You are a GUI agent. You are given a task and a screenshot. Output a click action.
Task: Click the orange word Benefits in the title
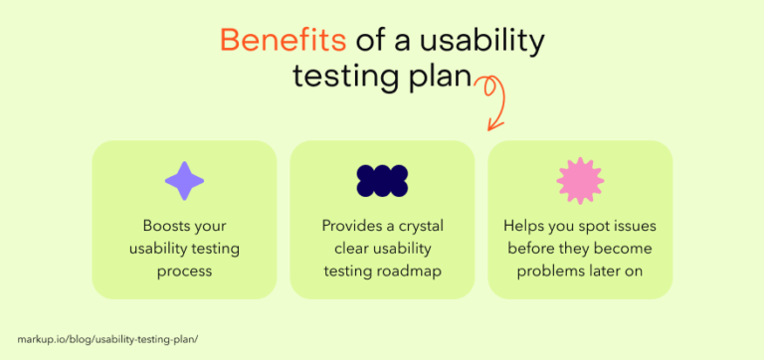[x=283, y=41]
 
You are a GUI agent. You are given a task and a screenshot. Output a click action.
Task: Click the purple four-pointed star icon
[x=184, y=180]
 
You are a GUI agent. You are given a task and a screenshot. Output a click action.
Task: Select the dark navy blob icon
[x=382, y=180]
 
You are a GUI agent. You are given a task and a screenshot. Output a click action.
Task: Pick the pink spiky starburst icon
[x=580, y=180]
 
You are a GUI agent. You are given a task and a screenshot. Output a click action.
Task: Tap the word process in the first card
[x=184, y=270]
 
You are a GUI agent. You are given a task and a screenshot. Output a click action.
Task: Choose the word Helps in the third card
[x=523, y=226]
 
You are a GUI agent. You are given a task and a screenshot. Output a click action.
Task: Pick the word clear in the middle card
[x=339, y=248]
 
